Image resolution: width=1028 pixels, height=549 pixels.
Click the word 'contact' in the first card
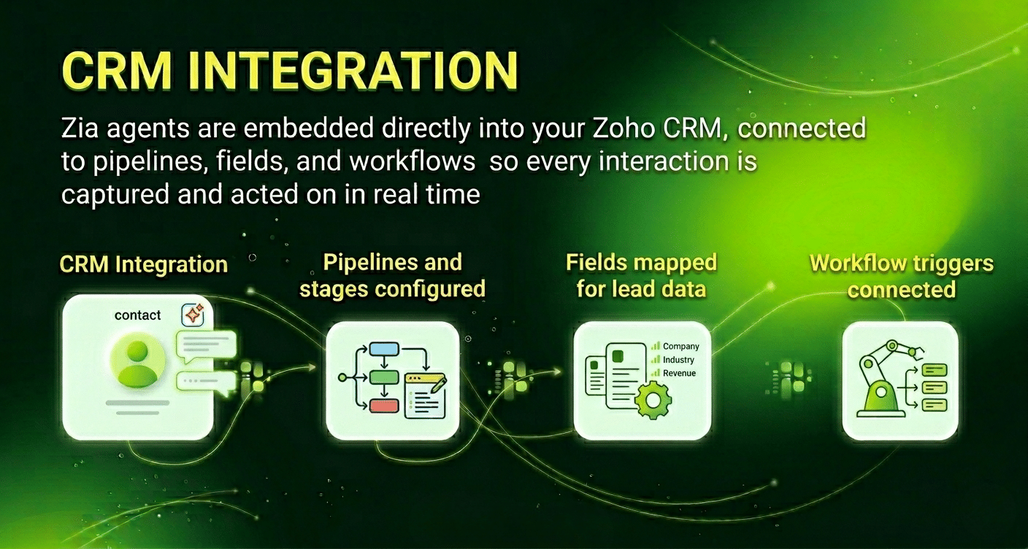coord(137,315)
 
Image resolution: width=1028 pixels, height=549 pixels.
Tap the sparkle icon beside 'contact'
coord(193,315)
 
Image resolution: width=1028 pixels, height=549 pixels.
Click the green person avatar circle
coord(137,362)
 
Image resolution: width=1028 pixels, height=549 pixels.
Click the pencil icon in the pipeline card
coord(437,385)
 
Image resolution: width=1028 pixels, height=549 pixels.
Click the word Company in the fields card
coord(680,347)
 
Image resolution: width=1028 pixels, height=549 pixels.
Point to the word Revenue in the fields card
coord(679,373)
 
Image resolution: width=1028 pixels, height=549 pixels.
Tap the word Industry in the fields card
coord(678,360)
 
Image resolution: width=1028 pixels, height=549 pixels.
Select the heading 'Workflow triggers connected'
coord(901,276)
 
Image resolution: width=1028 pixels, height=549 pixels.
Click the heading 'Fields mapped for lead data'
coord(641,275)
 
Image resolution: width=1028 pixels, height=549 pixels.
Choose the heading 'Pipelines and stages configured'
coord(393,275)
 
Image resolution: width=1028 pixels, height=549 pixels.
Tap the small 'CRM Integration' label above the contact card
coord(143,264)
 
